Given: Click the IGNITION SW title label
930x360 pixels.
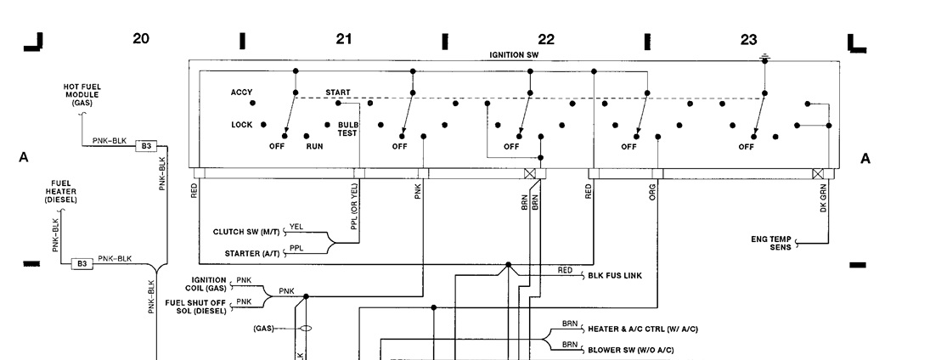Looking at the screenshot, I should point(514,54).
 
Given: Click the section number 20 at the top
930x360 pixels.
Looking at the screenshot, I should point(141,38).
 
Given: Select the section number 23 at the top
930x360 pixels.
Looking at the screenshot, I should point(748,39).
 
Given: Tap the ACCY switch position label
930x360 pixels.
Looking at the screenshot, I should point(241,93).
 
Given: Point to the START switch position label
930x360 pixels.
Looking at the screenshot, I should point(337,93).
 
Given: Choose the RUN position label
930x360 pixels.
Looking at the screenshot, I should point(314,146).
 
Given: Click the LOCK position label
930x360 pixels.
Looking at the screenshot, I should point(241,125).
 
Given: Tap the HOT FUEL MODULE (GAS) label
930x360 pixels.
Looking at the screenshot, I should point(82,94).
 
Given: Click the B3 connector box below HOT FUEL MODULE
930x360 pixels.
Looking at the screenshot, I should point(146,146).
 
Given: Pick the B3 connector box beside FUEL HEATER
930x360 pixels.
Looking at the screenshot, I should point(82,263).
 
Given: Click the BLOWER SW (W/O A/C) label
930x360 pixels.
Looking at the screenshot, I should point(631,349).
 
